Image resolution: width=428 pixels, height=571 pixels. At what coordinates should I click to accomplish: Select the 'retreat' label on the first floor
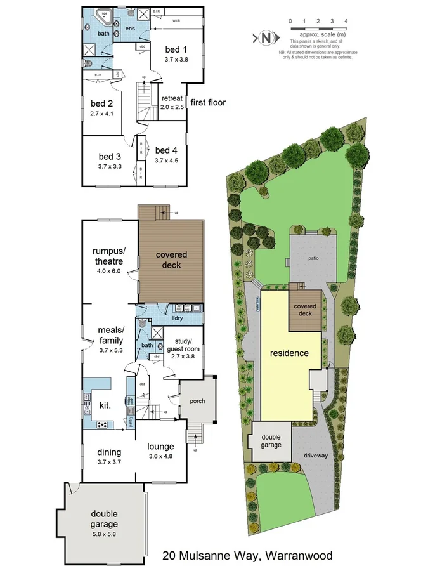pyautogui.click(x=172, y=98)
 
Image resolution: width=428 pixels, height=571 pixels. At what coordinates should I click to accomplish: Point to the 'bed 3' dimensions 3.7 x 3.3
pyautogui.click(x=109, y=166)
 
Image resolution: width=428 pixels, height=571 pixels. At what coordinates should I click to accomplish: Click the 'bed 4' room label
pyautogui.click(x=165, y=150)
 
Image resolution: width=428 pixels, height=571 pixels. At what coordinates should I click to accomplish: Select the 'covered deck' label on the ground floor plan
pyautogui.click(x=171, y=259)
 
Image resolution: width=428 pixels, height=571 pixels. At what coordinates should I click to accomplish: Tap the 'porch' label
pyautogui.click(x=197, y=400)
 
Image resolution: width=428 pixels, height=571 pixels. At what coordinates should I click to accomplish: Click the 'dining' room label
pyautogui.click(x=109, y=452)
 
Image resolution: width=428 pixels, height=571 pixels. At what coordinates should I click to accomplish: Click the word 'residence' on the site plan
pyautogui.click(x=289, y=353)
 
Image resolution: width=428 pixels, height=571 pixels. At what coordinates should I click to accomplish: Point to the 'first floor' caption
pyautogui.click(x=208, y=102)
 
